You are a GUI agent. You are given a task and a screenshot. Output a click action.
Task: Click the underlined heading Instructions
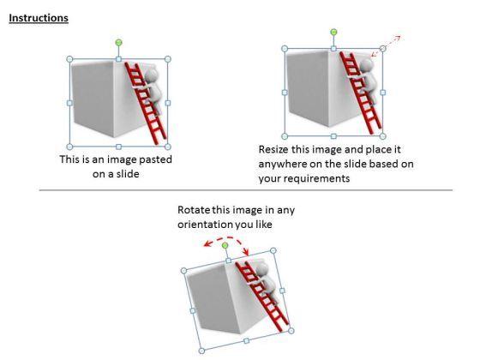point(39,18)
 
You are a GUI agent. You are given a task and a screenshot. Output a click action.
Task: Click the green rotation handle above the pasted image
point(119,43)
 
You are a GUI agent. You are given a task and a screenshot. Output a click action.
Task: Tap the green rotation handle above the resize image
point(333,32)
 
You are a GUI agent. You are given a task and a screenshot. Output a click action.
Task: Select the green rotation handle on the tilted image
point(225,245)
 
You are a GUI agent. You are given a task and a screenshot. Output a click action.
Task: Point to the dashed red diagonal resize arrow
point(386,46)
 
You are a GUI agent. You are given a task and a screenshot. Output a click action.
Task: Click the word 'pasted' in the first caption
point(155,159)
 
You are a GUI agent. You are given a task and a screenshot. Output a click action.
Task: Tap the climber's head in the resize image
point(367,65)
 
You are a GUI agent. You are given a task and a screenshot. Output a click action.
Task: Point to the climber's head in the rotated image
point(262,269)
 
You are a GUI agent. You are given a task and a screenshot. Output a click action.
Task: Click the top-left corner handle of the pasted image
point(69,59)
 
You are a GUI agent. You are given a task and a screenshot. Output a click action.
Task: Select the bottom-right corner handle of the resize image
point(382,136)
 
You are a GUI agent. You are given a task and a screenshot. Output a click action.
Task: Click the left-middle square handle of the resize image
point(285,93)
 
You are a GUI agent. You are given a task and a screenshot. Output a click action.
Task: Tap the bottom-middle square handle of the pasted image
point(119,147)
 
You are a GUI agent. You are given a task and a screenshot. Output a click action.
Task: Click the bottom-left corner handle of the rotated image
point(201,351)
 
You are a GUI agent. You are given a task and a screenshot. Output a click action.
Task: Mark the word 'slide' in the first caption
point(128,174)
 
